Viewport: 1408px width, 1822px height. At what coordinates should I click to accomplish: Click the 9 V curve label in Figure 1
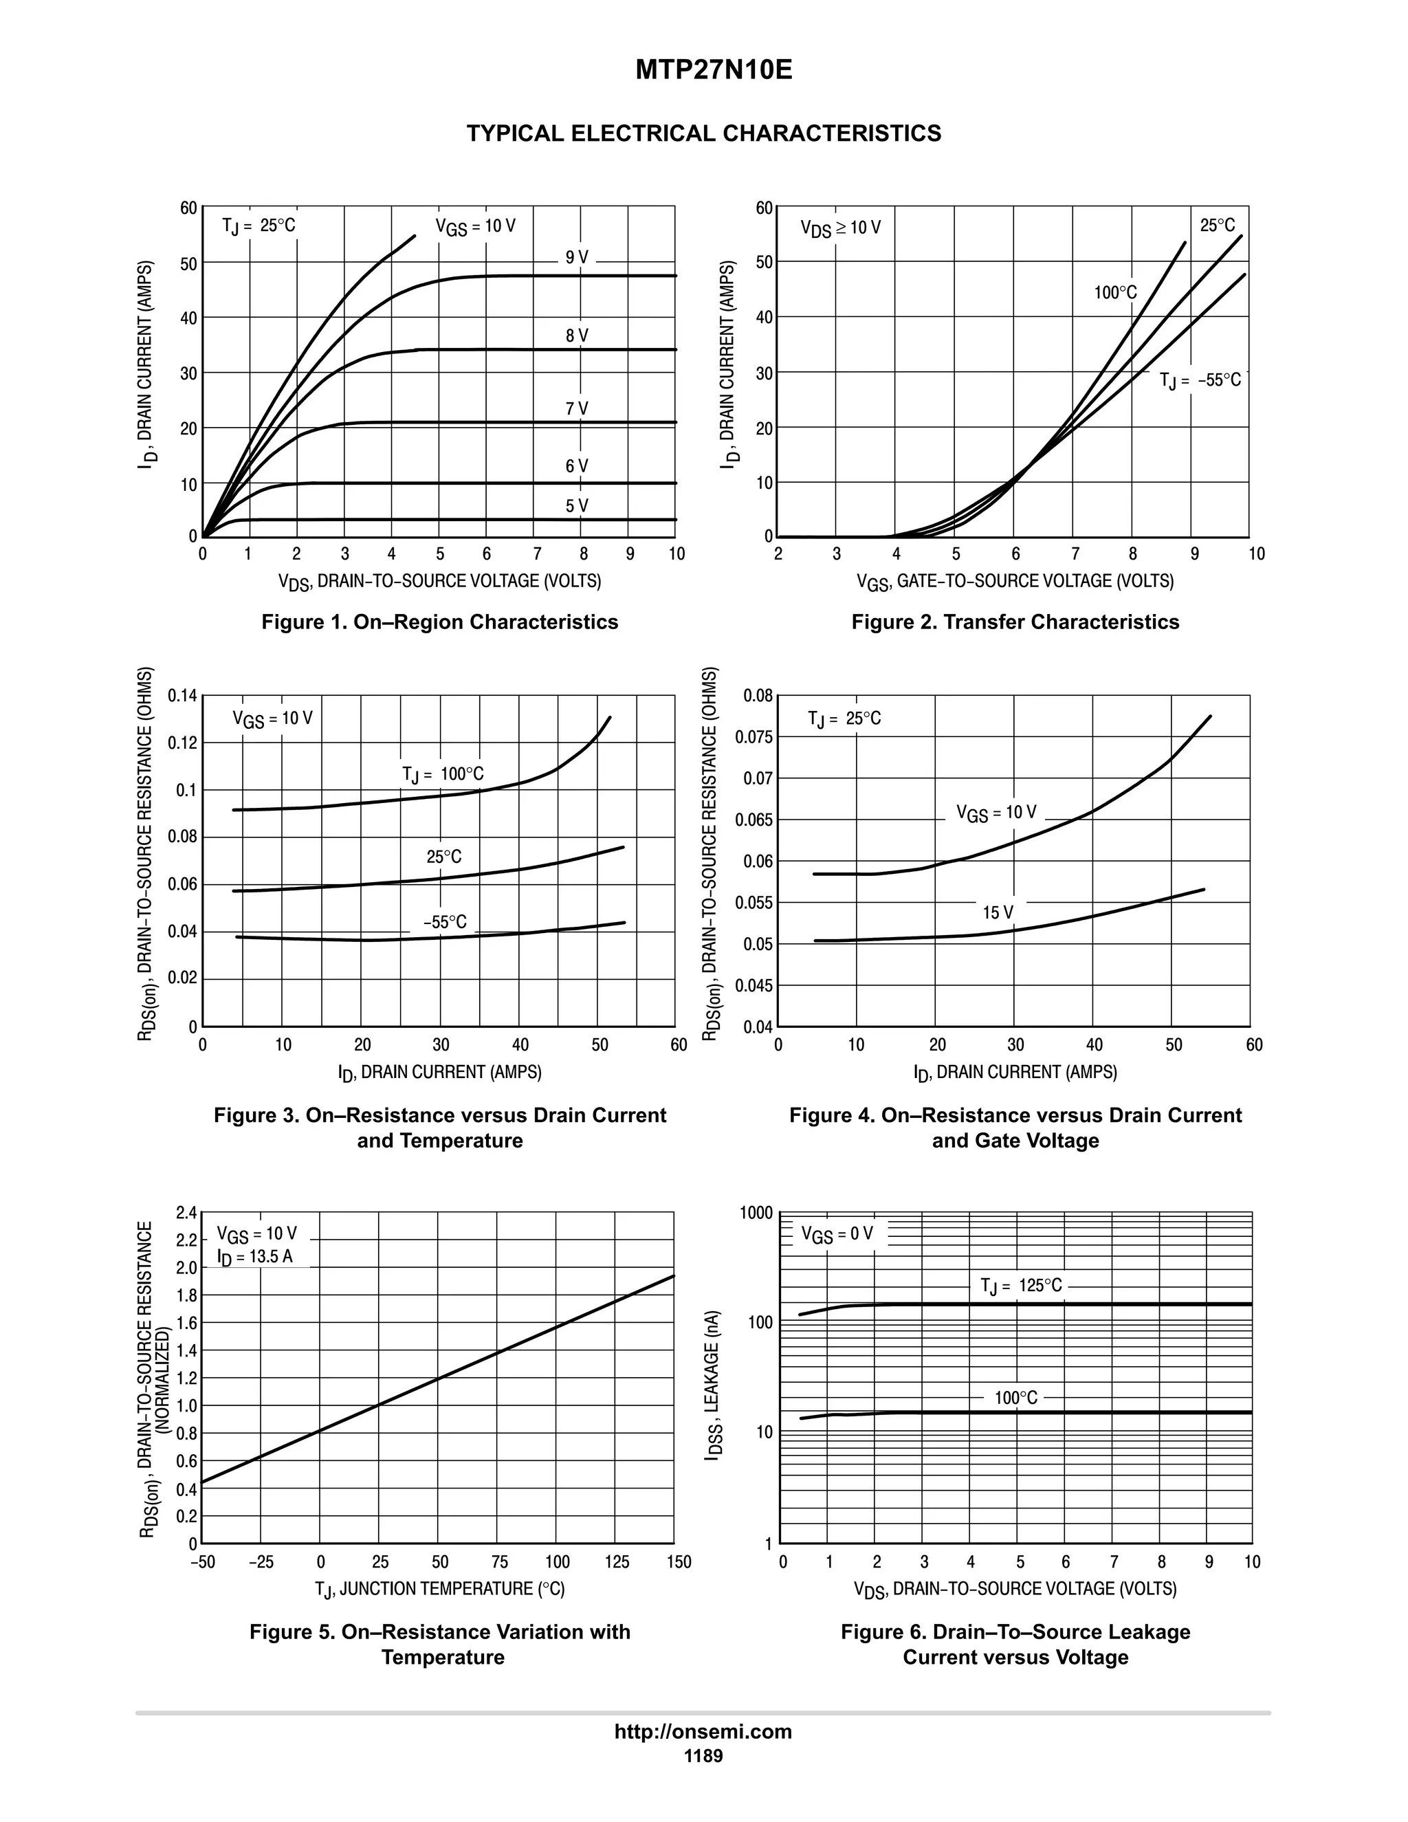click(576, 258)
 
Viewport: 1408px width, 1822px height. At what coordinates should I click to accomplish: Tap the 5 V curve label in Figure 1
click(576, 505)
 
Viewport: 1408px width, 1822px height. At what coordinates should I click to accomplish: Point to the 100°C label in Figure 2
click(1115, 292)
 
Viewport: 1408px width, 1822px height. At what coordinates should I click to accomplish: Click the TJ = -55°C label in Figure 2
click(1200, 380)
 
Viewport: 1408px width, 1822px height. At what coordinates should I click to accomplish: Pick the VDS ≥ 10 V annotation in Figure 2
click(840, 228)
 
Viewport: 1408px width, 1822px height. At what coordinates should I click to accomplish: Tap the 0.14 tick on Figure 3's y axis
click(183, 695)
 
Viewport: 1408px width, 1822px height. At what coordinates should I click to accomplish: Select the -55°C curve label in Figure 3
click(445, 922)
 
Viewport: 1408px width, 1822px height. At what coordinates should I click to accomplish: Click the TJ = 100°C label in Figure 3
click(443, 774)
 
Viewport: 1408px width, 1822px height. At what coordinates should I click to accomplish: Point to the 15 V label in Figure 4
click(998, 912)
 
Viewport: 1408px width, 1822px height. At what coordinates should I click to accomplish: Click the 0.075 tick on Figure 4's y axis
click(754, 736)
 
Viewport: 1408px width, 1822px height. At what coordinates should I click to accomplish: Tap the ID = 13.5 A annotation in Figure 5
click(255, 1256)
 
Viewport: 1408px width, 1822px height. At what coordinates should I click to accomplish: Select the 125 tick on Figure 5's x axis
click(617, 1561)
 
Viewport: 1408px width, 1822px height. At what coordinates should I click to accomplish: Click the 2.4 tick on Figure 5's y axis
click(186, 1212)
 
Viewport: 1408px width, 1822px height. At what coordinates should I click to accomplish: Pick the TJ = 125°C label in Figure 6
click(1021, 1286)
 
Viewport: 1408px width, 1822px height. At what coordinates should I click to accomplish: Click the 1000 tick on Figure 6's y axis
click(756, 1213)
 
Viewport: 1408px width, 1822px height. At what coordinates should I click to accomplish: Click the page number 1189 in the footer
click(703, 1756)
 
